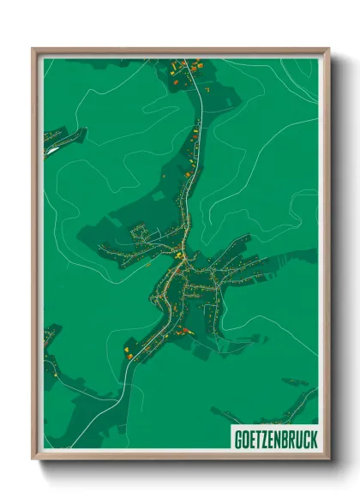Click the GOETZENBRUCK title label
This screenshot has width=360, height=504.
tap(274, 438)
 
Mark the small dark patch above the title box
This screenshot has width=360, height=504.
tap(295, 381)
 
